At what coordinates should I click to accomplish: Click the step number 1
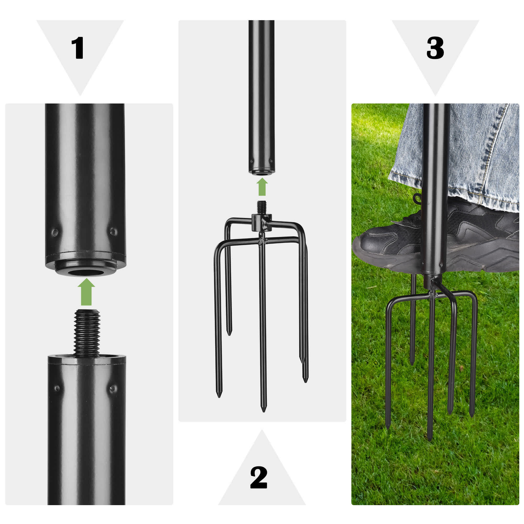pos(78,48)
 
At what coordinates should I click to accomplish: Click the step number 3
pos(435,48)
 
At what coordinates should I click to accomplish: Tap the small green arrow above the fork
pos(262,187)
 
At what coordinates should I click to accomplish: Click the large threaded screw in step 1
pos(86,333)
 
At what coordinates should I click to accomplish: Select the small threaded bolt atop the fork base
pos(261,208)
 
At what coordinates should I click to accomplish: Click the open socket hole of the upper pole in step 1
pos(86,272)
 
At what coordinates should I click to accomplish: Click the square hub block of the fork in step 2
pos(262,223)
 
